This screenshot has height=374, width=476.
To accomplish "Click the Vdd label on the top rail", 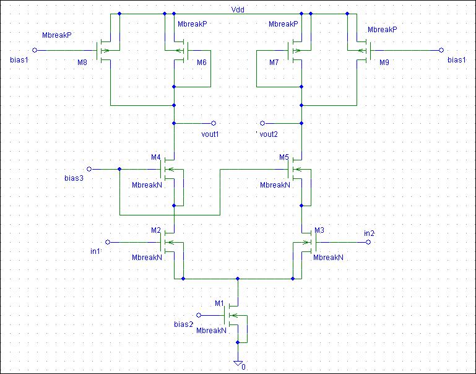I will (x=238, y=9).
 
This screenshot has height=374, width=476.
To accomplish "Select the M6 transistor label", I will (x=202, y=63).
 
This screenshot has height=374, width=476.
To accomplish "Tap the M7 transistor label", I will (x=275, y=63).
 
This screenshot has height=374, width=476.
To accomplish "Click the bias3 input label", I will (x=74, y=178).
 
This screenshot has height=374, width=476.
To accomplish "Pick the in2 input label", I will (x=369, y=233).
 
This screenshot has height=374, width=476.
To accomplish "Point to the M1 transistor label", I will (x=219, y=303).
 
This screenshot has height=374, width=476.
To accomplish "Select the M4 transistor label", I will (x=156, y=157).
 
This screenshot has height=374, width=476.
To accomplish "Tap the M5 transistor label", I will (x=284, y=157).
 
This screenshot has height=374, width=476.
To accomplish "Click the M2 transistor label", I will (x=156, y=230).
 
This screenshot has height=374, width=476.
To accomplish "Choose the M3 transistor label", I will (x=319, y=230).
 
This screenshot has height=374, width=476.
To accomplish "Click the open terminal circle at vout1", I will (x=214, y=123).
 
